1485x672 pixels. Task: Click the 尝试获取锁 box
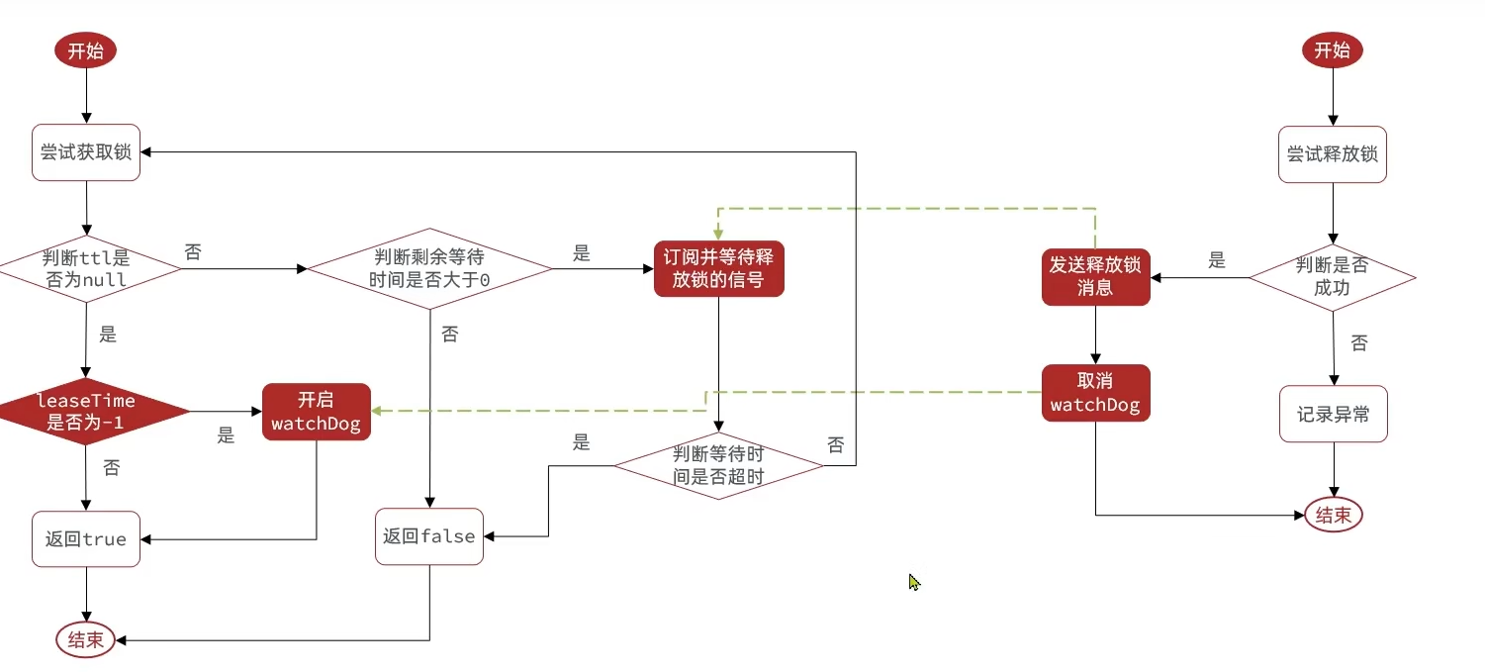click(86, 152)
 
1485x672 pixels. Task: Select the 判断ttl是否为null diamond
click(87, 268)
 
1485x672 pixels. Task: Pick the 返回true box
click(86, 538)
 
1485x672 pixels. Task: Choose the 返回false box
click(429, 536)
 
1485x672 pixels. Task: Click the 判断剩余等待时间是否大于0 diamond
click(429, 268)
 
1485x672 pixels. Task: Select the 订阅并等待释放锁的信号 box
click(718, 268)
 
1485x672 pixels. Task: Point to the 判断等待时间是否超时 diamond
click(718, 465)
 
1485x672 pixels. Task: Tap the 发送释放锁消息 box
click(1096, 276)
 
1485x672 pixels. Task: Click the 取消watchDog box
click(1095, 393)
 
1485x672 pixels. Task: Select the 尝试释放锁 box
click(1332, 154)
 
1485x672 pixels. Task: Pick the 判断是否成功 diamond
click(1332, 277)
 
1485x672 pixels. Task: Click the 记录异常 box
click(1334, 414)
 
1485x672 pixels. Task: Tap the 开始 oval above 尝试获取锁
click(85, 51)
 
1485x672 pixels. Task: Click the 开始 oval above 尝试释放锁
click(1332, 50)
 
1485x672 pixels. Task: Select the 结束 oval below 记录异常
click(1334, 515)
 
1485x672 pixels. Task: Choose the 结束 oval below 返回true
click(85, 639)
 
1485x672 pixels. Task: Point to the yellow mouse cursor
click(914, 582)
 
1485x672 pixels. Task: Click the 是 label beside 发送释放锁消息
click(1217, 261)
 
